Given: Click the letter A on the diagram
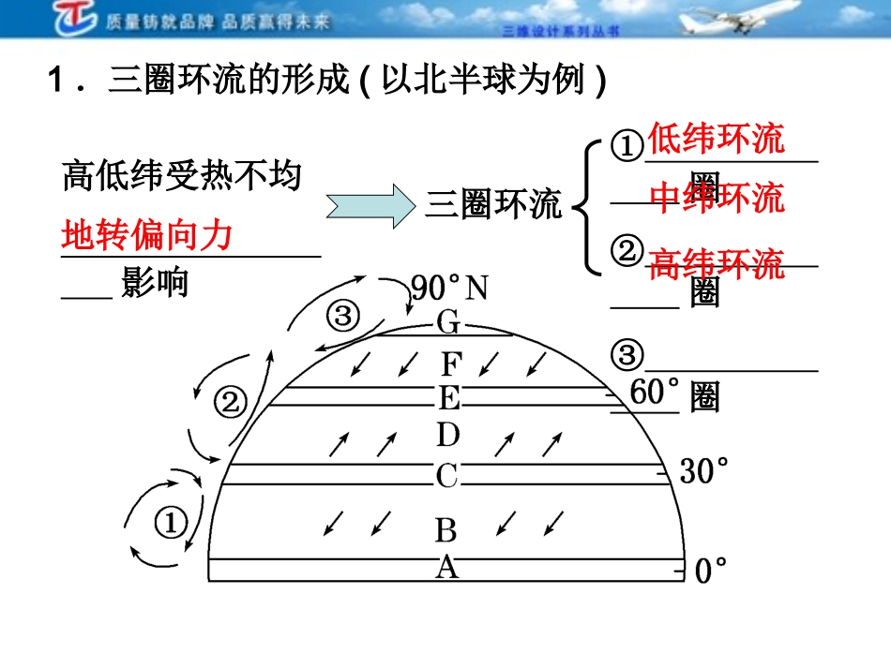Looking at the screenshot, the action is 447,567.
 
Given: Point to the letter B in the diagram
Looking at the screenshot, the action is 446,531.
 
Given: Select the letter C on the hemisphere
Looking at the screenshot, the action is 446,476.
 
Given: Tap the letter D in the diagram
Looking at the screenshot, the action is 448,435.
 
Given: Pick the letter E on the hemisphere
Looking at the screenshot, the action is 449,398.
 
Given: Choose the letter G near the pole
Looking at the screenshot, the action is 448,324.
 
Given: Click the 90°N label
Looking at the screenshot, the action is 450,288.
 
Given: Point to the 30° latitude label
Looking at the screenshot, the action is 704,471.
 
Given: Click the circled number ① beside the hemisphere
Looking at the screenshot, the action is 171,523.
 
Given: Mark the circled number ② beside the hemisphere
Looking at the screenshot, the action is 231,403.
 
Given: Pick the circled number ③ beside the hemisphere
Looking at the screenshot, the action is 342,316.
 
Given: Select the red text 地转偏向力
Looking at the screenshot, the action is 146,234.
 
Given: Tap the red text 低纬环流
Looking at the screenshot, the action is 716,140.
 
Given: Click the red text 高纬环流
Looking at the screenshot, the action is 717,264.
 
